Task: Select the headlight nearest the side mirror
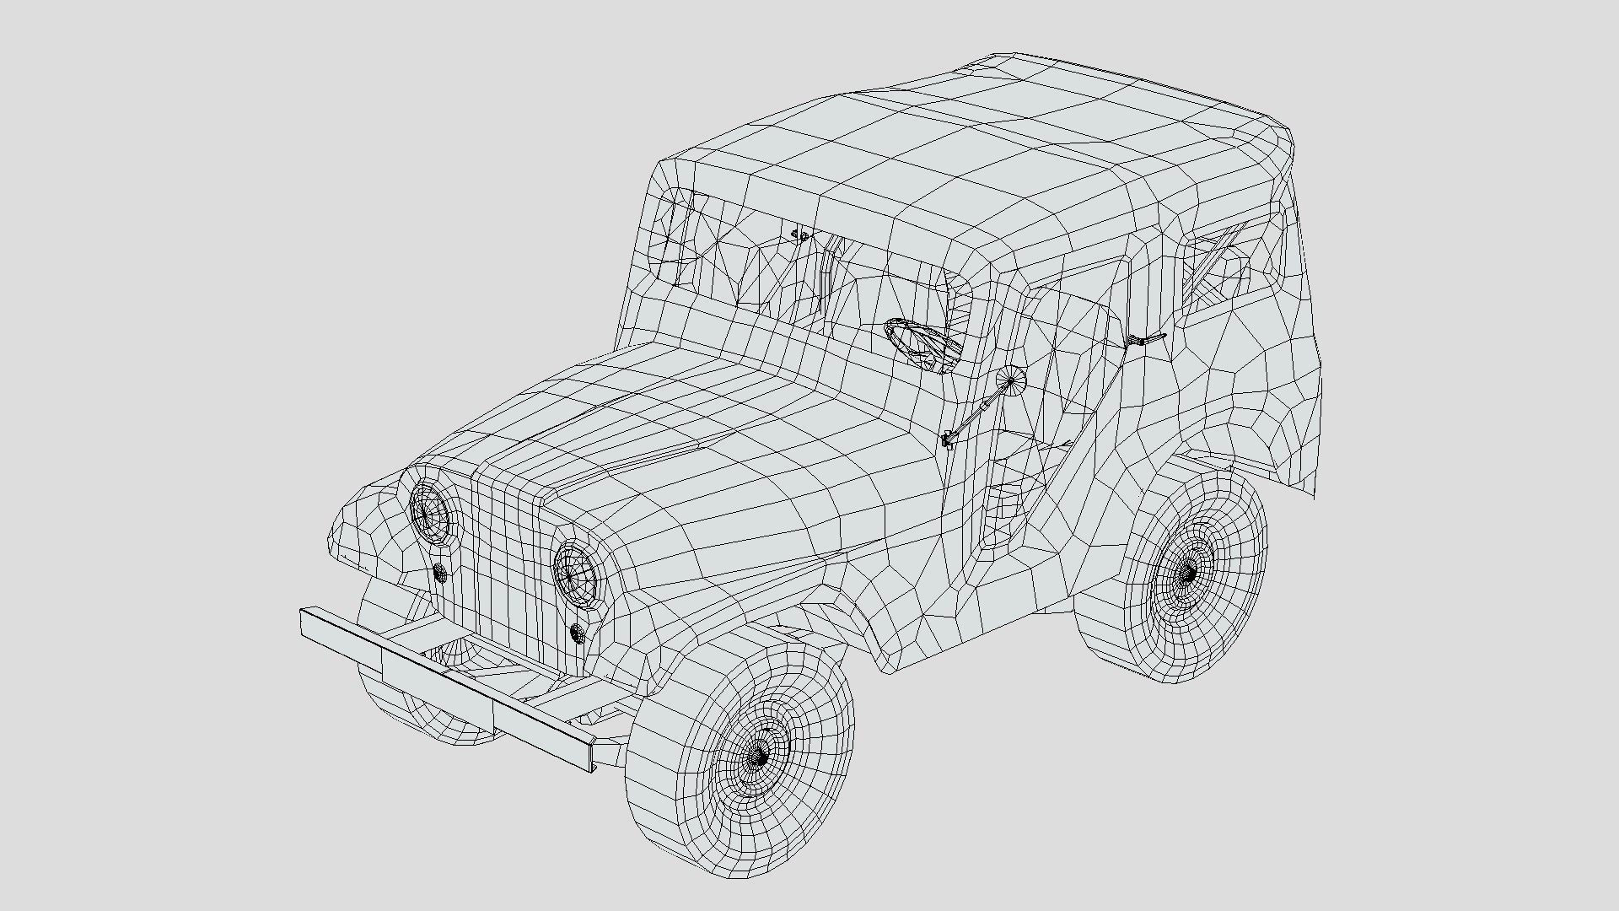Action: coord(577,573)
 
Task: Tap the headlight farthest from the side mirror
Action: coord(431,511)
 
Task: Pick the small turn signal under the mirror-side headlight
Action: coord(578,633)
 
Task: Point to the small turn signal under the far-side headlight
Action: coord(439,573)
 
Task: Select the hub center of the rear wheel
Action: coord(1186,574)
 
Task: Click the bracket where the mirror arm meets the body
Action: coord(948,439)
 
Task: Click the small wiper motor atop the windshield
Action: coord(800,235)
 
